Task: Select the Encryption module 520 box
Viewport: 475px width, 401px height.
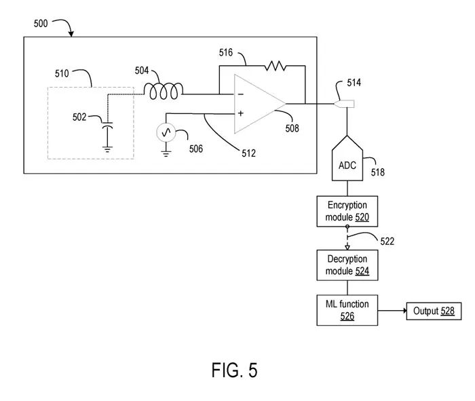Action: [x=347, y=211]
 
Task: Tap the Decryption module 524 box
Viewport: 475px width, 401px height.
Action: [x=347, y=265]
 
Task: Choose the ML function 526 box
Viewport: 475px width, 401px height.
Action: [x=347, y=310]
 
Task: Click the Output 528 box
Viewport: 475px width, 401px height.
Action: [x=434, y=311]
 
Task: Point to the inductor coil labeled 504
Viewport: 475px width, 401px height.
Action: [x=164, y=91]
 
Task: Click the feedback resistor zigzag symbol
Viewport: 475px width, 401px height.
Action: [x=275, y=66]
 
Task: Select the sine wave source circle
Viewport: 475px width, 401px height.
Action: [x=166, y=132]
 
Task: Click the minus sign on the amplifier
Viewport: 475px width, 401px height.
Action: [x=241, y=95]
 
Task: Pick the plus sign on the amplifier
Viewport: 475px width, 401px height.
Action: [x=241, y=113]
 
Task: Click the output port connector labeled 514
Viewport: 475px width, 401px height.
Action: [x=344, y=104]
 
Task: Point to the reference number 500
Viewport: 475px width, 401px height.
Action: [x=41, y=24]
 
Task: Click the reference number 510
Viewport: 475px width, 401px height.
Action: [x=62, y=73]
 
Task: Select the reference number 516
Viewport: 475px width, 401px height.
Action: [x=226, y=53]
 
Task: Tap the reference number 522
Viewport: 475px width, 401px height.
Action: [x=387, y=242]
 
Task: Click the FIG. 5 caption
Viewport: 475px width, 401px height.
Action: [x=235, y=370]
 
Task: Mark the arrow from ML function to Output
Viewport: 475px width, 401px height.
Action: [x=392, y=311]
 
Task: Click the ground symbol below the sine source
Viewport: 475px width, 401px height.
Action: [x=166, y=153]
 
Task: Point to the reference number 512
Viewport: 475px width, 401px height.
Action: [x=249, y=153]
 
